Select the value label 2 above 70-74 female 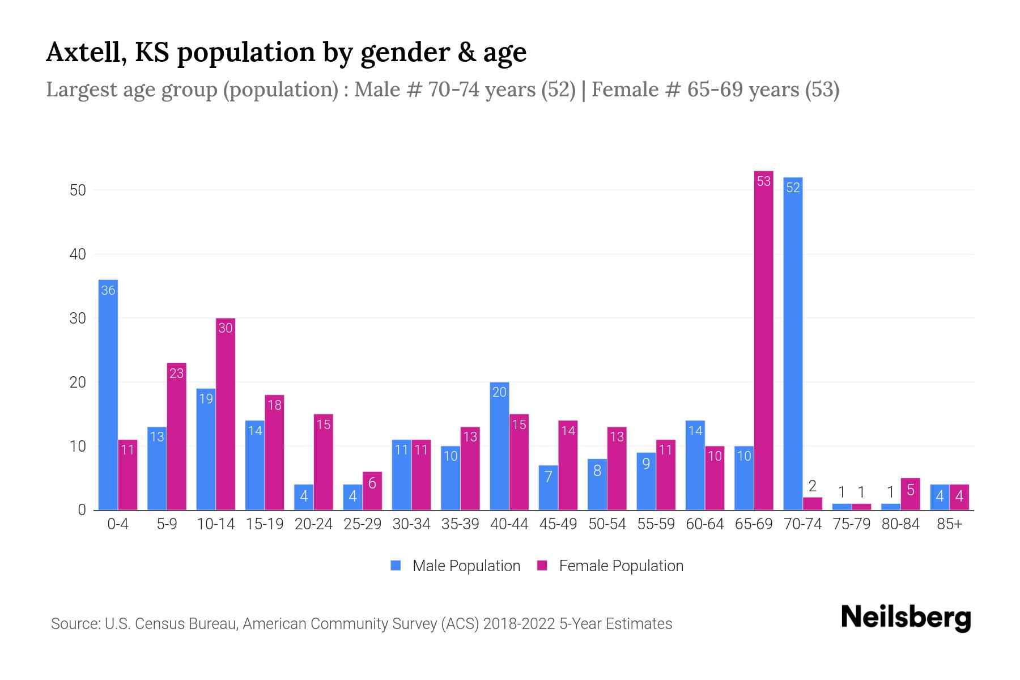812,486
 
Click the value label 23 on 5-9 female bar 177,373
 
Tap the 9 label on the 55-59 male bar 646,464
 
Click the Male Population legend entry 455,566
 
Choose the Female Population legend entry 610,566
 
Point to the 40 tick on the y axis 78,254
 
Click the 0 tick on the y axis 82,510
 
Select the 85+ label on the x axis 949,524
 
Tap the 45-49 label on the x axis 558,524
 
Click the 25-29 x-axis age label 362,524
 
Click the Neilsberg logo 906,618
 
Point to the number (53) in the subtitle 822,90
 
